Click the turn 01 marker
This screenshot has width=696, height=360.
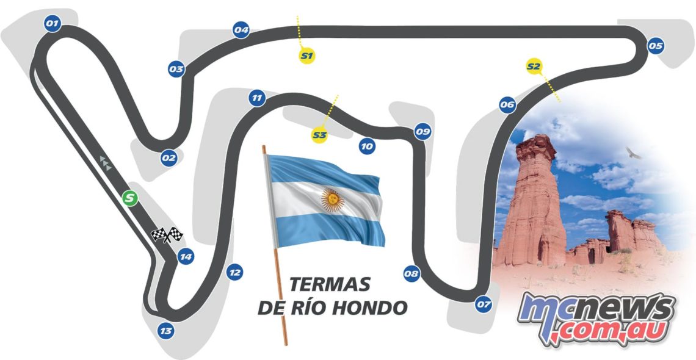(x=52, y=24)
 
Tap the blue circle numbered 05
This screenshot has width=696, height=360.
(x=656, y=46)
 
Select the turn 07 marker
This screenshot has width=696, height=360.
(x=484, y=304)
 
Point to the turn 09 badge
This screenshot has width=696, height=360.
(x=422, y=131)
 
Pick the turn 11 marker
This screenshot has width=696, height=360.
(x=257, y=98)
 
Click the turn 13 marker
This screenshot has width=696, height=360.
(x=165, y=331)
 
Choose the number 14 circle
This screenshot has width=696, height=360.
(x=186, y=257)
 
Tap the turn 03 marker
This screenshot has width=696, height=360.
(x=176, y=70)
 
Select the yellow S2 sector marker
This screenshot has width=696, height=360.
(x=534, y=66)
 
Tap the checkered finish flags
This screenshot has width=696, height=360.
(x=167, y=234)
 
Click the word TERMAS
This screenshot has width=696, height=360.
(x=330, y=284)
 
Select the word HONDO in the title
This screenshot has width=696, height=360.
(x=371, y=308)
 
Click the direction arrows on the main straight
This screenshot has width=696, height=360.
(x=106, y=163)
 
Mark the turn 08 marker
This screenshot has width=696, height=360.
(x=411, y=274)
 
